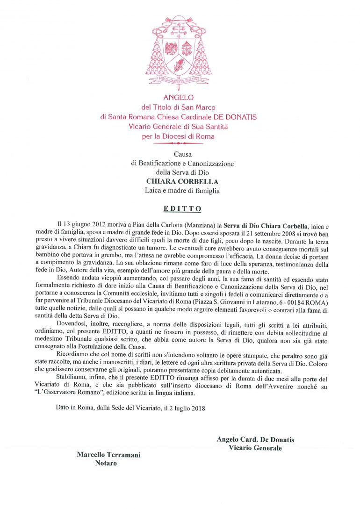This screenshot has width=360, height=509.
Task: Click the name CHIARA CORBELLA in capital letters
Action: click(180, 181)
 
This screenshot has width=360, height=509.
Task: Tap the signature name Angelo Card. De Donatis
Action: click(255, 440)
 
